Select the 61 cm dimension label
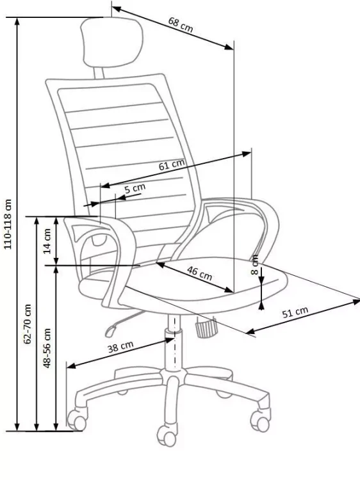(x=171, y=165)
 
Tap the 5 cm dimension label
(x=135, y=188)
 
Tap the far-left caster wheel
(x=77, y=420)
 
